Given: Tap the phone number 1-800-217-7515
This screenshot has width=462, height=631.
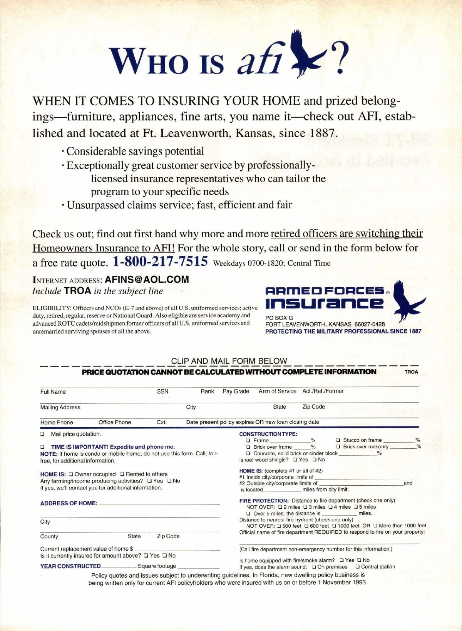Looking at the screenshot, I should point(160,261).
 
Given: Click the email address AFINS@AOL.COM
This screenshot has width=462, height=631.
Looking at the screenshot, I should point(147,280).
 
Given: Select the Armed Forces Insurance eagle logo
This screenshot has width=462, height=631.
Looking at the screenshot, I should point(407,302).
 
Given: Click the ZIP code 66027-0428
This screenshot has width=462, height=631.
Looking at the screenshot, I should point(370,324).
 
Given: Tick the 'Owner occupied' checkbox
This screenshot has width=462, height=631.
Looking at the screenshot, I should point(71,474).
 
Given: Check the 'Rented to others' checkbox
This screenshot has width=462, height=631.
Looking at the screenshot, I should point(122,474).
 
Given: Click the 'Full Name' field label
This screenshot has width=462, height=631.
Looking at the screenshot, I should point(53,392).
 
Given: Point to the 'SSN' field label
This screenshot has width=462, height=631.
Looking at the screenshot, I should point(162,391).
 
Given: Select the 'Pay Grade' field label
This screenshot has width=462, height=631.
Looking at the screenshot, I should point(236,391).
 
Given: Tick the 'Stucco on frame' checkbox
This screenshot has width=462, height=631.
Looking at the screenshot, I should point(338,440).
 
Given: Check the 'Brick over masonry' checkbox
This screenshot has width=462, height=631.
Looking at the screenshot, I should point(338,447).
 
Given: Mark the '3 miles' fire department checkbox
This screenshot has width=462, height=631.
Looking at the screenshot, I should point(305,507).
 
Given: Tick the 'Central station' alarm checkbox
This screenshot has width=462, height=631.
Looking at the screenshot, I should point(358,567).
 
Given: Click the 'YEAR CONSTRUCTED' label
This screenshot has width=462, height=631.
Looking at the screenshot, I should point(70,566).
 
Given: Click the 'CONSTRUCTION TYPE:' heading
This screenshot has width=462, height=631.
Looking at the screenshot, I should point(268,434).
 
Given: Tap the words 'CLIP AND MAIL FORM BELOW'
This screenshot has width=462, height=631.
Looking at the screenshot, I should point(229,361).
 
